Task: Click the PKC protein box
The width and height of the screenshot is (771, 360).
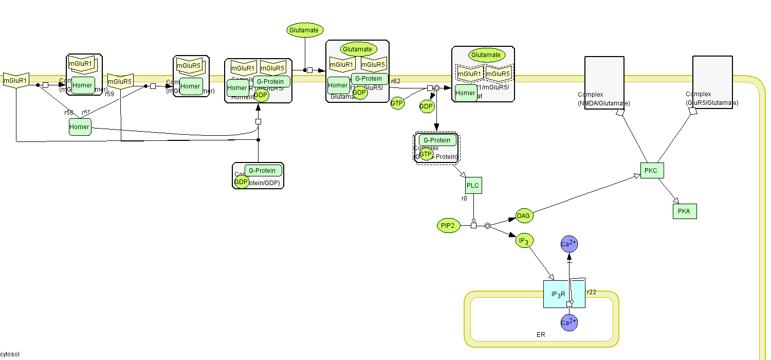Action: click(652, 170)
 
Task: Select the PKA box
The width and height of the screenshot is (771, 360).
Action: click(685, 211)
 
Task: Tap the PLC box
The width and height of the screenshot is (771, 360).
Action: click(473, 185)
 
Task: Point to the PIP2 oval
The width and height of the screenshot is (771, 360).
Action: click(447, 225)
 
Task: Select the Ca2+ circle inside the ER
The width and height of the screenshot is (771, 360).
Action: click(569, 323)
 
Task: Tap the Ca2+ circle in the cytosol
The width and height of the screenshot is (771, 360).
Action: click(569, 245)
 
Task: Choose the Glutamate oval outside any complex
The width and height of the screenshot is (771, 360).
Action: click(305, 30)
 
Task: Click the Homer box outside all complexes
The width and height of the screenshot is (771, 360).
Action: click(80, 127)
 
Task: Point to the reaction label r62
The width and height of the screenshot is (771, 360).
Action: click(395, 81)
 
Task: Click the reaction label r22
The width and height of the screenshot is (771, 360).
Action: click(592, 292)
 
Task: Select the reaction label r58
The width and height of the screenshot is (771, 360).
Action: click(69, 113)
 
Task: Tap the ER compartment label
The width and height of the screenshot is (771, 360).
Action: click(541, 335)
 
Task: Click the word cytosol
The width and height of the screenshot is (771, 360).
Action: click(10, 355)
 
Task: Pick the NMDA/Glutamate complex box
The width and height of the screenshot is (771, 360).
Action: click(604, 82)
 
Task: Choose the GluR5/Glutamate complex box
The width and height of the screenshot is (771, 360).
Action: click(712, 82)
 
